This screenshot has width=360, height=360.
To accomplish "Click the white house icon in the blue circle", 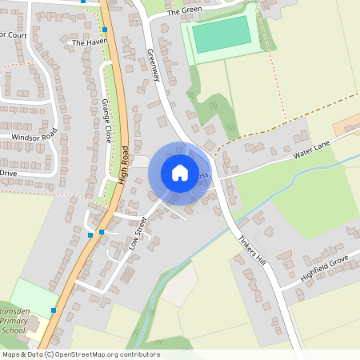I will pyautogui.click(x=180, y=173).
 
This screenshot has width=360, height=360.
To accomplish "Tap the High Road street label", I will pyautogui.click(x=123, y=165).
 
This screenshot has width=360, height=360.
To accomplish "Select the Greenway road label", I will pyautogui.click(x=154, y=66).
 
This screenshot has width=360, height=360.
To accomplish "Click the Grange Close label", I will pyautogui.click(x=106, y=120).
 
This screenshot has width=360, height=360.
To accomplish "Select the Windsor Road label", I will pyautogui.click(x=34, y=137).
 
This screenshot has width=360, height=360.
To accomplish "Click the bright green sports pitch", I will pyautogui.click(x=222, y=34).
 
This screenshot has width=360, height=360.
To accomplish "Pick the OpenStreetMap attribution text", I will pyautogui.click(x=81, y=354).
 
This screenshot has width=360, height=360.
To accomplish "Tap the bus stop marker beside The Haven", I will pyautogui.click(x=104, y=30).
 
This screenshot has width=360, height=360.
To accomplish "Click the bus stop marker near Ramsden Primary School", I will pyautogui.click(x=54, y=310).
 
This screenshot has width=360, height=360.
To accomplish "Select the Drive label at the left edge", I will pyautogui.click(x=8, y=173).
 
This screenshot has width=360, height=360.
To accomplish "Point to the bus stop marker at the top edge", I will pyautogui.click(x=84, y=2).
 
